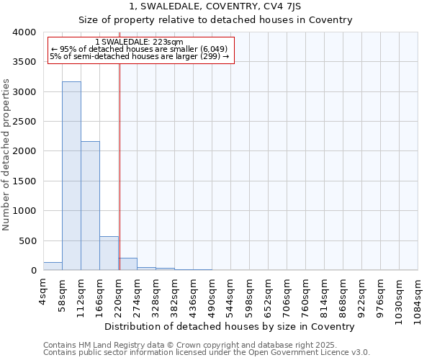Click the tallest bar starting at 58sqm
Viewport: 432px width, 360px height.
pyautogui.click(x=71, y=176)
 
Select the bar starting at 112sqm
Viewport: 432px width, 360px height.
pyautogui.click(x=90, y=205)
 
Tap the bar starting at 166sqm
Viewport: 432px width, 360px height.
pyautogui.click(x=109, y=253)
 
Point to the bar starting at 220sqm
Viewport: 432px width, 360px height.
pyautogui.click(x=128, y=264)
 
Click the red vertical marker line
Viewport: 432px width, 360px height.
pyautogui.click(x=120, y=166)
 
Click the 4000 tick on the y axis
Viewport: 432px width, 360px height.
pyautogui.click(x=25, y=32)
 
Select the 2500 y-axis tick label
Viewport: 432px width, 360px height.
pyautogui.click(x=25, y=122)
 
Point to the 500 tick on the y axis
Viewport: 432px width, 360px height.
pyautogui.click(x=28, y=240)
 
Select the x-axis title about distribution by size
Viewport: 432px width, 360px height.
pyautogui.click(x=235, y=326)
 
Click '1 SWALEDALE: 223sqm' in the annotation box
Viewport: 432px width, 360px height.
pyautogui.click(x=139, y=42)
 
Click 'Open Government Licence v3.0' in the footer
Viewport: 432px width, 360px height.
pyautogui.click(x=312, y=353)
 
